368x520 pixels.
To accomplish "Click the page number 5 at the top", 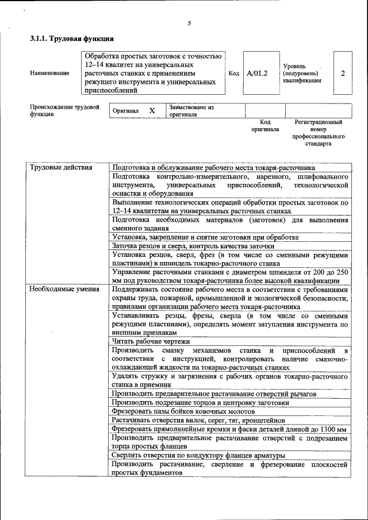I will tap(189, 24).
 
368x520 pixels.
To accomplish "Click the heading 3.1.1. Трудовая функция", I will tap(71, 40).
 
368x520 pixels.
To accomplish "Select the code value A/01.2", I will tap(257, 74).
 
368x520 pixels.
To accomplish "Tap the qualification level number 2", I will tap(343, 74).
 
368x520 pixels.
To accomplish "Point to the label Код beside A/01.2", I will tap(234, 74).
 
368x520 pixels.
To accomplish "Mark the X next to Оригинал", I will tap(152, 110).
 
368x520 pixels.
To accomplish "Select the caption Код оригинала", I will tap(264, 126).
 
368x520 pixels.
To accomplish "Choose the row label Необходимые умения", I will tap(64, 289).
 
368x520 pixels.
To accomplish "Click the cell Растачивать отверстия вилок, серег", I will tap(204, 420).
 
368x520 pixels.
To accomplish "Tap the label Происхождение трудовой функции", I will tap(64, 110).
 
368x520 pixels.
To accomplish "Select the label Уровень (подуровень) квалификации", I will tap(302, 74).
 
